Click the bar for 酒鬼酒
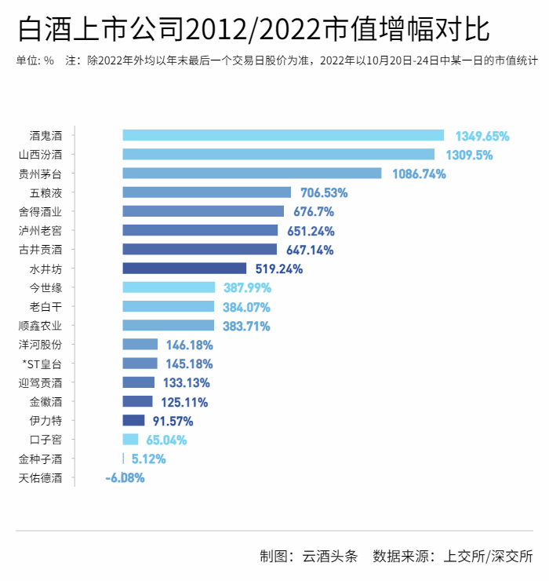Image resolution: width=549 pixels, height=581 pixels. point(283,135)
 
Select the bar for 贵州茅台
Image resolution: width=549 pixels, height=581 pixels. point(252,174)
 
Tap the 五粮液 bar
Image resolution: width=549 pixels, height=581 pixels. point(207,192)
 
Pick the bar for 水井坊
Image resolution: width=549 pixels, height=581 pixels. point(184,269)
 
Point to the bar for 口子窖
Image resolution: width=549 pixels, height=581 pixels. point(130,440)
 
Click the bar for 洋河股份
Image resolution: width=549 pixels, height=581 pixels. point(140,345)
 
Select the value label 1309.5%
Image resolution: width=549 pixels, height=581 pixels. point(469,155)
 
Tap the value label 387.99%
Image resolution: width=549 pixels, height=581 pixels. point(247,287)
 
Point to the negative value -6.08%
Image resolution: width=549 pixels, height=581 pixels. point(125,477)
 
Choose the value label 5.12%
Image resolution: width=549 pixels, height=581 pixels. point(148,459)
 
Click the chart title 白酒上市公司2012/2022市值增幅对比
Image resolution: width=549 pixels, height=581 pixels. point(253,30)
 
